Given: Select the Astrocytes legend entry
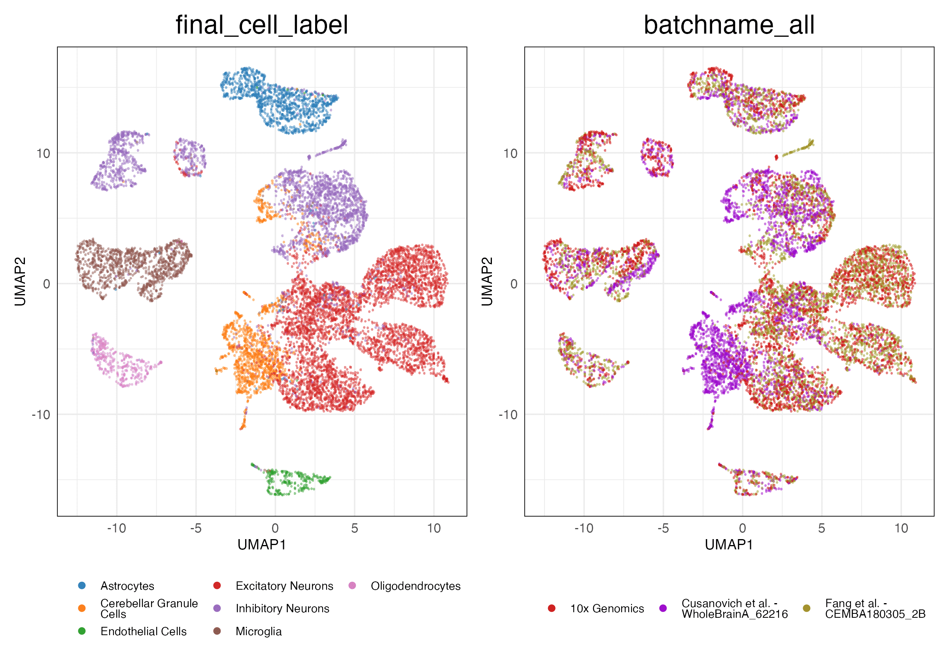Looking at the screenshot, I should [127, 586].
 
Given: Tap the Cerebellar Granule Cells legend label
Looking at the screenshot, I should [149, 609].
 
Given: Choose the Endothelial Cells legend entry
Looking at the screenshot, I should [144, 631].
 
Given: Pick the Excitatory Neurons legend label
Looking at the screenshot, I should [284, 586].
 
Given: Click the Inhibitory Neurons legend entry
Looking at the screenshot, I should [282, 609].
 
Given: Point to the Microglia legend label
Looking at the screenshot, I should [258, 631].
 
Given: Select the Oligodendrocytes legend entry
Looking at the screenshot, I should [416, 586].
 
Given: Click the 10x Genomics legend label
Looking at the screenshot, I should [607, 609].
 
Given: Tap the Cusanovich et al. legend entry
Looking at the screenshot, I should [734, 609].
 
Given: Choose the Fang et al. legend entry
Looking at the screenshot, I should [875, 609].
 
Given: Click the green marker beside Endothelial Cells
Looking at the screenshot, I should [82, 631].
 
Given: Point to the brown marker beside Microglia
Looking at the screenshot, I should [217, 631].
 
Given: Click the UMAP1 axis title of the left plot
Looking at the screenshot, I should [262, 545].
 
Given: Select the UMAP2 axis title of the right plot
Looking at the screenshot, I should [487, 281].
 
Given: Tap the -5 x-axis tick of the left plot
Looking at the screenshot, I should [196, 528].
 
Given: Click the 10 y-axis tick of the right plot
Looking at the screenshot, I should [510, 154].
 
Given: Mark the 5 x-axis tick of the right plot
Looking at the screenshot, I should [822, 528].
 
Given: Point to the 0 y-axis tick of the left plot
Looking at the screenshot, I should [46, 284].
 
